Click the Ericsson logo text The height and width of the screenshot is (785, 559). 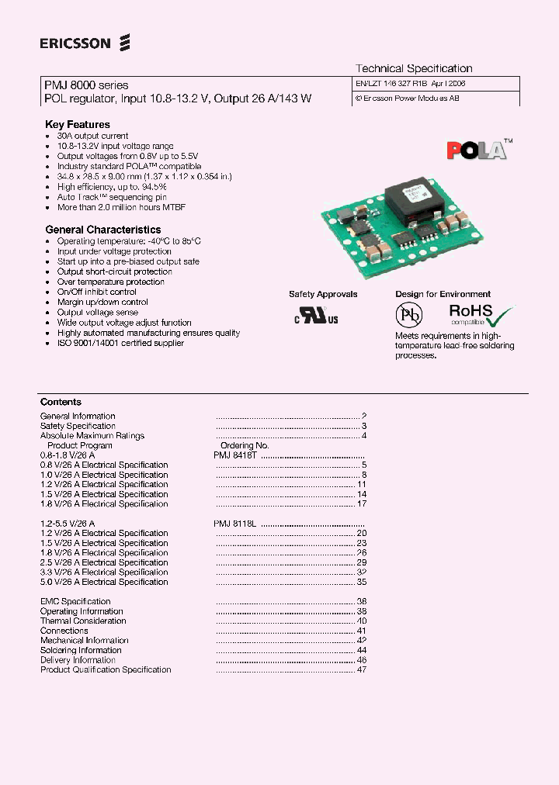(76, 43)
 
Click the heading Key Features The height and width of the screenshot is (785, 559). (78, 124)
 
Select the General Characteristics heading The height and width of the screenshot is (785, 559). (103, 230)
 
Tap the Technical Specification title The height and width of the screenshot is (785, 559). (414, 68)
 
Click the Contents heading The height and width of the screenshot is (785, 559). (61, 402)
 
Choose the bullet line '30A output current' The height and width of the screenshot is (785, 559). (92, 136)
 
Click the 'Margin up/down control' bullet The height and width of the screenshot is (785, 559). (102, 302)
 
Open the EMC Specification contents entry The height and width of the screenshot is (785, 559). (75, 601)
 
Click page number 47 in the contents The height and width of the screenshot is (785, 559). (362, 669)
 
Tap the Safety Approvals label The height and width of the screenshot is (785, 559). (323, 294)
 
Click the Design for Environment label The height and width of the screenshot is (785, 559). (443, 294)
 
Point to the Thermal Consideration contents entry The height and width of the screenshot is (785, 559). (83, 621)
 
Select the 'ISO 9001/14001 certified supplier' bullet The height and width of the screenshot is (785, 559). (120, 343)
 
